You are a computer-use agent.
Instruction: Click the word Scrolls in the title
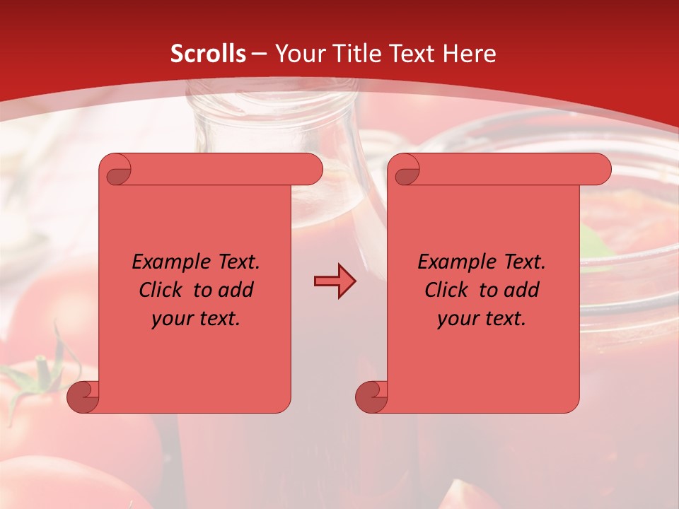[208, 54]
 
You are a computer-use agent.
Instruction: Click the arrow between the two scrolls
[335, 281]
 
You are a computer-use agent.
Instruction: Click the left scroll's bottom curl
[83, 397]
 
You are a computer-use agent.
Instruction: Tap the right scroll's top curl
[405, 170]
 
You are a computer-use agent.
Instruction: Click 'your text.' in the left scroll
[196, 319]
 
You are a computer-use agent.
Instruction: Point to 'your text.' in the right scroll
[482, 319]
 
